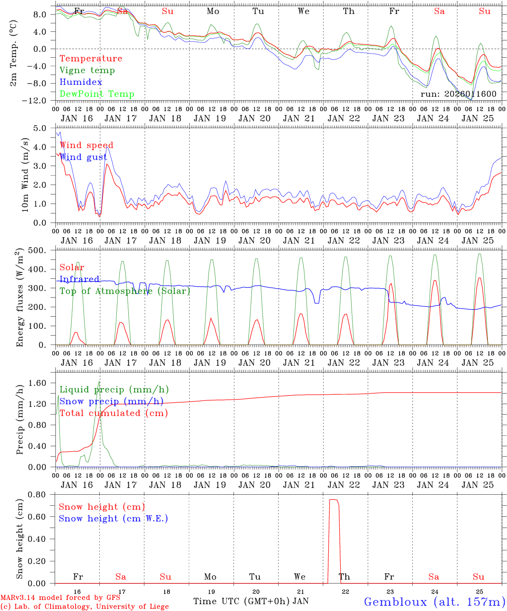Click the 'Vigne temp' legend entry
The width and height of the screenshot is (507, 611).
click(x=87, y=70)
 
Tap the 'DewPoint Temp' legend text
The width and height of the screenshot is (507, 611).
click(x=97, y=94)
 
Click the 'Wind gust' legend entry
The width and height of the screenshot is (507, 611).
click(x=83, y=157)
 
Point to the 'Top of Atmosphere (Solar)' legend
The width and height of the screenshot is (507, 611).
click(x=125, y=291)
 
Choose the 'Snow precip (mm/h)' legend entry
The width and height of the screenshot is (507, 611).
click(x=111, y=401)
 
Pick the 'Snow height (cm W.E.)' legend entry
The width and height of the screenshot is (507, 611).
click(x=113, y=519)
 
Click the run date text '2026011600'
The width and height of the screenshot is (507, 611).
click(x=470, y=94)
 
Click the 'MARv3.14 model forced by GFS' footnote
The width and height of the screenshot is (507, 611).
click(x=60, y=598)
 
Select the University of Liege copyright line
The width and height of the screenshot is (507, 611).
click(x=84, y=606)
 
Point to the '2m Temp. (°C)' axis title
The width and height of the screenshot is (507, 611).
click(x=14, y=53)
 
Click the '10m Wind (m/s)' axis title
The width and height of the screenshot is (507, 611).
click(x=25, y=175)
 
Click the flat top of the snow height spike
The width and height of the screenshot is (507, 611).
click(x=333, y=500)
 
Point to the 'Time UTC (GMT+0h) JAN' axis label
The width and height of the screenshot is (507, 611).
click(x=251, y=601)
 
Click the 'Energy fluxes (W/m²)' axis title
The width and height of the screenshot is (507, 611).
click(x=20, y=298)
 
